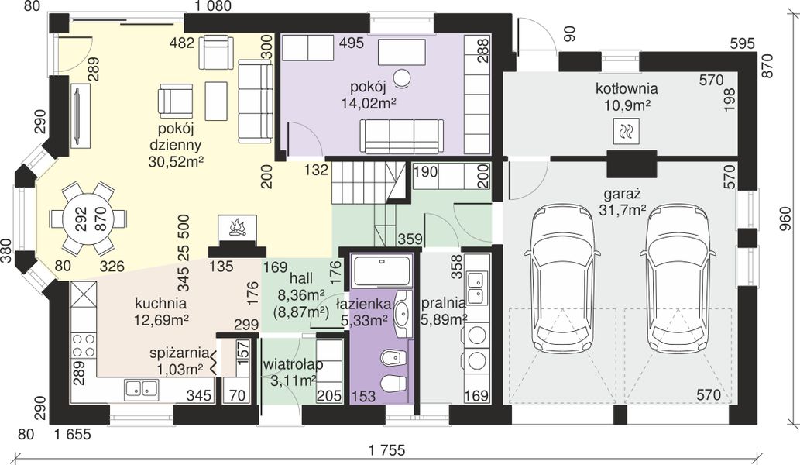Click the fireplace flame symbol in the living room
click(x=237, y=227)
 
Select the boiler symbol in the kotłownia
click(x=626, y=131)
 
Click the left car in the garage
click(x=561, y=279)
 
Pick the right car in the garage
click(x=677, y=279)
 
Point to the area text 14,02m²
click(x=369, y=104)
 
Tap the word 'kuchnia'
click(x=161, y=303)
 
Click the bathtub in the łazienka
click(x=382, y=271)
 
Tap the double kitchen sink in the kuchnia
click(x=141, y=388)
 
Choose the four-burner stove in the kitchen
click(x=84, y=345)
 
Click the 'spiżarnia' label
click(x=179, y=353)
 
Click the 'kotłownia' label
click(x=627, y=88)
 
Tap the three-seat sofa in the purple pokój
click(x=401, y=136)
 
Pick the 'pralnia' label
click(x=443, y=303)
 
